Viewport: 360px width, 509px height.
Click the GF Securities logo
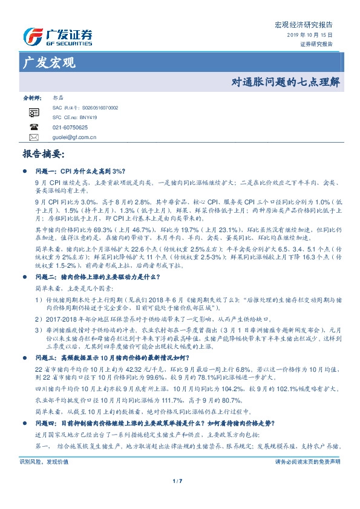pyautogui.click(x=57, y=36)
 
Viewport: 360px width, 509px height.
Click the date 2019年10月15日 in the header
pyautogui.click(x=310, y=36)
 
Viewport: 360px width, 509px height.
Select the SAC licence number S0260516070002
pyautogui.click(x=97, y=107)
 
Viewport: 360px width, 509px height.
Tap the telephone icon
pyautogui.click(x=34, y=128)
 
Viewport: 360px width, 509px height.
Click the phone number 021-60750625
pyautogui.click(x=70, y=128)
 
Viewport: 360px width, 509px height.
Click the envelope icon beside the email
pyautogui.click(x=34, y=138)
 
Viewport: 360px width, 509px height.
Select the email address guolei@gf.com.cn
pyautogui.click(x=74, y=138)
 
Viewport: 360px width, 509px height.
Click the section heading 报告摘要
pyautogui.click(x=42, y=154)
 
